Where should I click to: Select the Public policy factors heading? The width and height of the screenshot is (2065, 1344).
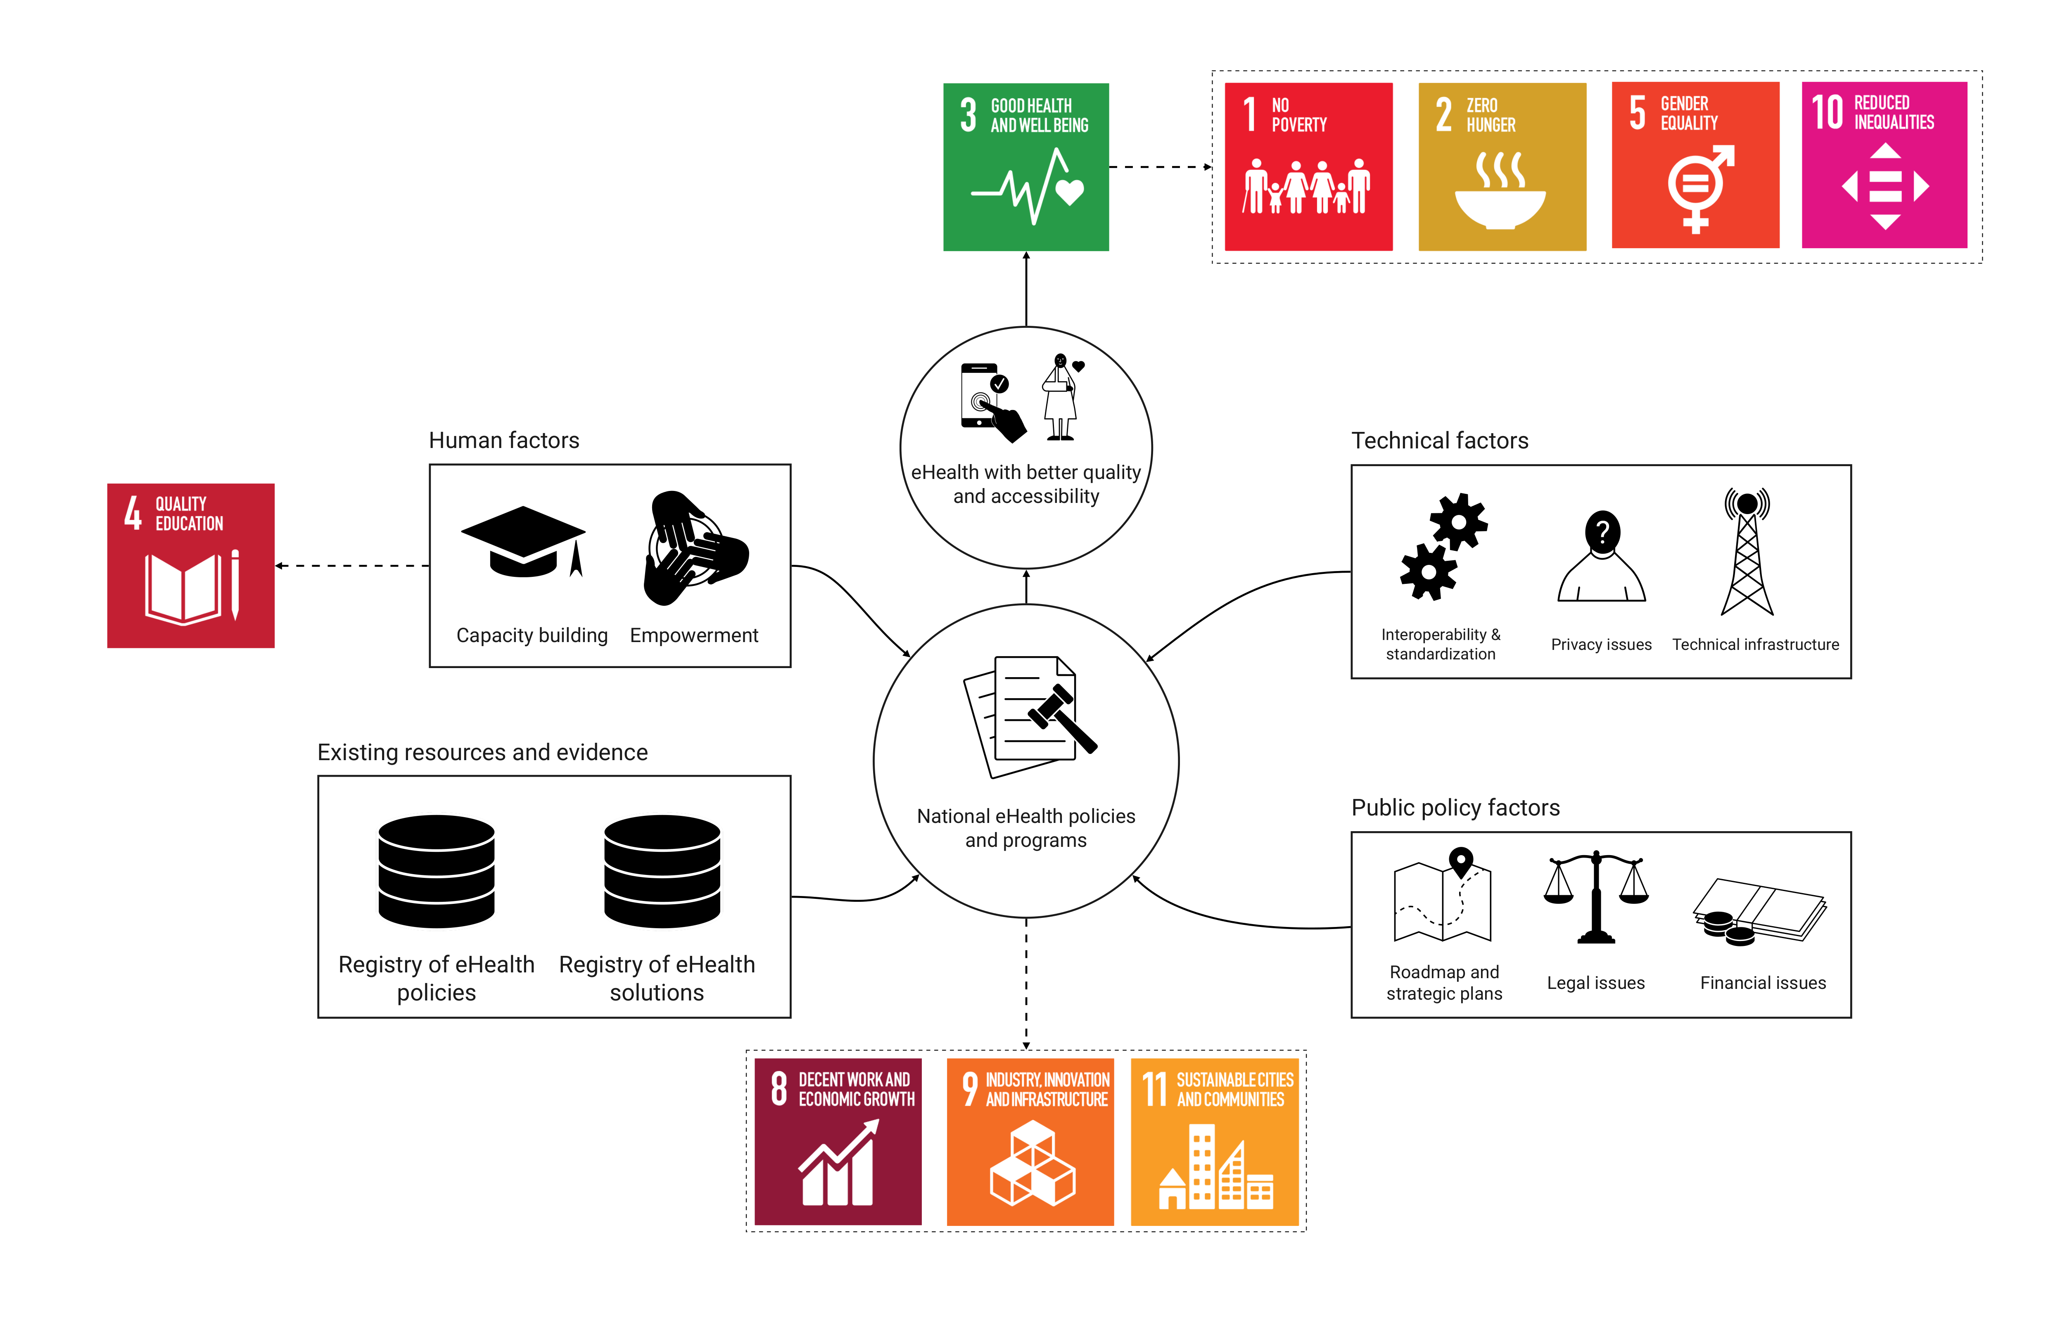(x=1455, y=808)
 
